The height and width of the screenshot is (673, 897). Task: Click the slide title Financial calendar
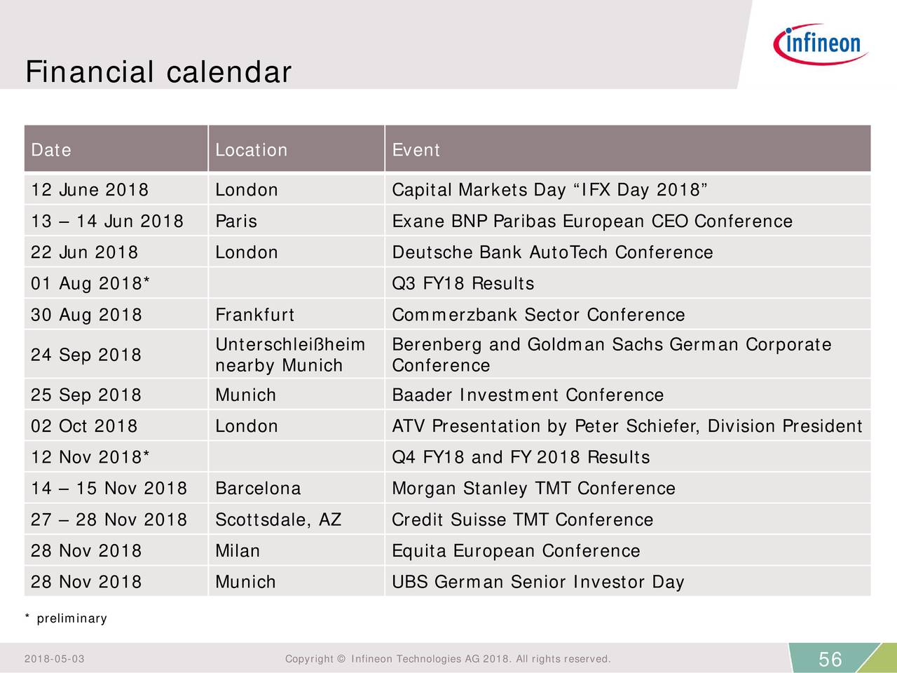pos(158,72)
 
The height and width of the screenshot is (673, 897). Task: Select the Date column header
pos(51,150)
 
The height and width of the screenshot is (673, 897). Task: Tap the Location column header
pos(251,150)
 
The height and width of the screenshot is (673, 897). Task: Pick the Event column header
pos(416,150)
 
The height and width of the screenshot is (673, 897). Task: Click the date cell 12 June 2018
pos(90,190)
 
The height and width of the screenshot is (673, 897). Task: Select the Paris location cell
pos(236,222)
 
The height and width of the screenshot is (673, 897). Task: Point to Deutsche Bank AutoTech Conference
pos(552,252)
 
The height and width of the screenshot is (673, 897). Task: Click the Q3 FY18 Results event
pos(463,284)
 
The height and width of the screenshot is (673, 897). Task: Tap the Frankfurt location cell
pos(254,315)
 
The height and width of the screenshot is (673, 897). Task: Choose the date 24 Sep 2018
pos(86,355)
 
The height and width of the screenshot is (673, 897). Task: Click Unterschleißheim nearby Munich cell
pos(289,355)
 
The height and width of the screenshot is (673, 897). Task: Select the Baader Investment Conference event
pos(527,395)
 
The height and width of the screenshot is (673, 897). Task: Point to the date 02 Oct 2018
pos(84,426)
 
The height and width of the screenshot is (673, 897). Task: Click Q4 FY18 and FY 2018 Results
pos(521,458)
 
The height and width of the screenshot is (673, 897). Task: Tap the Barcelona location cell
pos(258,489)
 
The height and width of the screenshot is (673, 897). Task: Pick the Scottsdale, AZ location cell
pos(278,519)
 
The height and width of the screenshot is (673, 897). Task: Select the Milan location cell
pos(238,551)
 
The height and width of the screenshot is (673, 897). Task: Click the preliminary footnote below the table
pos(67,618)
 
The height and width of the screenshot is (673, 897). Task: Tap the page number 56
pos(830,660)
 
